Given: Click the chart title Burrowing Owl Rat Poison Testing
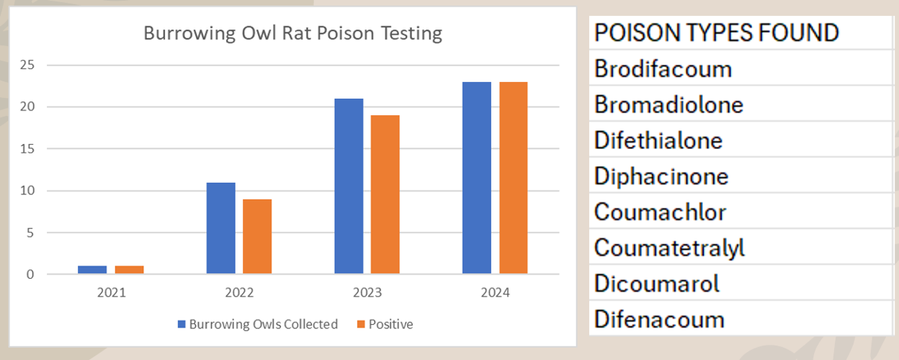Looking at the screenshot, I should pyautogui.click(x=292, y=34).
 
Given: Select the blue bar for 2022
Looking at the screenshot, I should pyautogui.click(x=220, y=228).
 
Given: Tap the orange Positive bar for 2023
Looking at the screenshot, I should pyautogui.click(x=385, y=194).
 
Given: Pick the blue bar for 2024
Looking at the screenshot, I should pyautogui.click(x=477, y=178).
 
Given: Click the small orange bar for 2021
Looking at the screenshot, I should pyautogui.click(x=129, y=270).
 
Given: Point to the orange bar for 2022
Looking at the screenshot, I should pyautogui.click(x=257, y=236).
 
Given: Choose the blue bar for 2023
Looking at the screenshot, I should pyautogui.click(x=349, y=186).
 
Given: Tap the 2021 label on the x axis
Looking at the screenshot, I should pyautogui.click(x=111, y=293).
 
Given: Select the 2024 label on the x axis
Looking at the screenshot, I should pyautogui.click(x=495, y=293).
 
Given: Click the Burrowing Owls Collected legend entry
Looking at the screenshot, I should pyautogui.click(x=258, y=325).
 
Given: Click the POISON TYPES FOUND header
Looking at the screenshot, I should pyautogui.click(x=716, y=32).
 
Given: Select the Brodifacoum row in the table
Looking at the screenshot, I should pyautogui.click(x=663, y=69).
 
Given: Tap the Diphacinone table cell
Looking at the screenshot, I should pyautogui.click(x=661, y=176).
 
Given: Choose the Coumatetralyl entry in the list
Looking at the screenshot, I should pyautogui.click(x=669, y=248).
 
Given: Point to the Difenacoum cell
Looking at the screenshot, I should pyautogui.click(x=659, y=319).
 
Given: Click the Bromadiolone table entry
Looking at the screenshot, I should pyautogui.click(x=668, y=105).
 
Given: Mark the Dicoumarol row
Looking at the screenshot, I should pyautogui.click(x=657, y=284).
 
